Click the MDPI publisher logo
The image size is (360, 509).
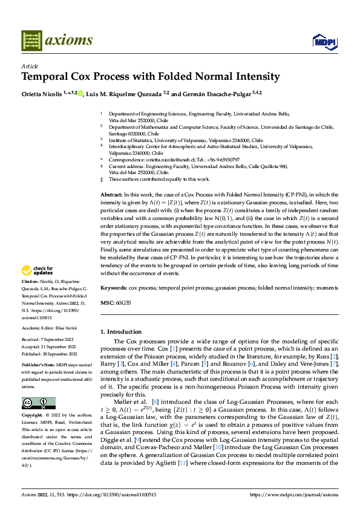click(324, 42)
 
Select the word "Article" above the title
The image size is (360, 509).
click(30, 66)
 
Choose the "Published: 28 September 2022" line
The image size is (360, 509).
click(50, 352)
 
